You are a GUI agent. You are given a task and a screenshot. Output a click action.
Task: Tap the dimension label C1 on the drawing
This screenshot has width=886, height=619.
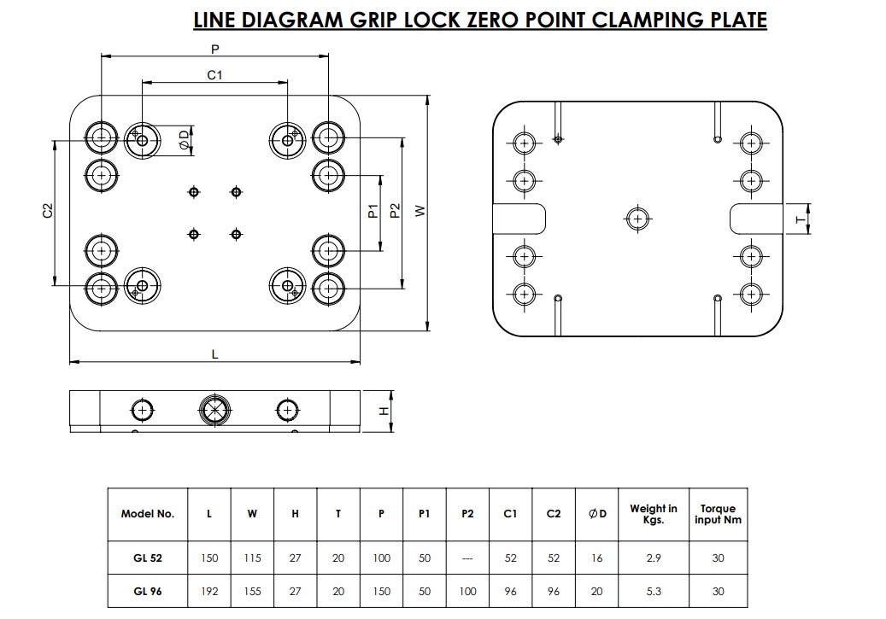click(214, 75)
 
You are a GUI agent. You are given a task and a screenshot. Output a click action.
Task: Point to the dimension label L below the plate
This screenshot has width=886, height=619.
click(214, 353)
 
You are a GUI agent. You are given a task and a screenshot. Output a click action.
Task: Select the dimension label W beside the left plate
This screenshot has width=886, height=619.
click(420, 211)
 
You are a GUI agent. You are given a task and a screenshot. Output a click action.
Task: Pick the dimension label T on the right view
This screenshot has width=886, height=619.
click(800, 219)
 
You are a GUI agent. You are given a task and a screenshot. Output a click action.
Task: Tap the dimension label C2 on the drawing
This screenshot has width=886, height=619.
click(48, 210)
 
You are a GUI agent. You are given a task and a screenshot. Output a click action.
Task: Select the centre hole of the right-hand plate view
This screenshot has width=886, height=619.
click(637, 219)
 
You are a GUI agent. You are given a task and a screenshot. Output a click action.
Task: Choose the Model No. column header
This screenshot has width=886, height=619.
click(148, 514)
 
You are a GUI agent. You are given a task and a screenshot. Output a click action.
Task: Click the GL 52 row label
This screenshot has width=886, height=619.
click(148, 558)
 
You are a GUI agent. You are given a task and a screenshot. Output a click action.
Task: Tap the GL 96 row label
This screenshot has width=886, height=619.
click(148, 591)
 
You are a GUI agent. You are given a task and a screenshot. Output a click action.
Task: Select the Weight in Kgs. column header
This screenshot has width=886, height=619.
click(654, 514)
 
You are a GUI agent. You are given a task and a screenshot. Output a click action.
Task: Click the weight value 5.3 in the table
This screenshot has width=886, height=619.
click(654, 591)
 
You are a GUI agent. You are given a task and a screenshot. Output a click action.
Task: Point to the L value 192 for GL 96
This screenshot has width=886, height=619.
click(209, 591)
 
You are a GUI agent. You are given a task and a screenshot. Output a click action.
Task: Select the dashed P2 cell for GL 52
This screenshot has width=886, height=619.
click(467, 558)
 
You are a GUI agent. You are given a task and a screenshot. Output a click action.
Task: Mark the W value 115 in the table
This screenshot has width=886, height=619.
click(252, 558)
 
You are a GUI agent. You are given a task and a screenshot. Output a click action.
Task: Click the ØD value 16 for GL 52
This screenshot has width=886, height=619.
click(596, 558)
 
